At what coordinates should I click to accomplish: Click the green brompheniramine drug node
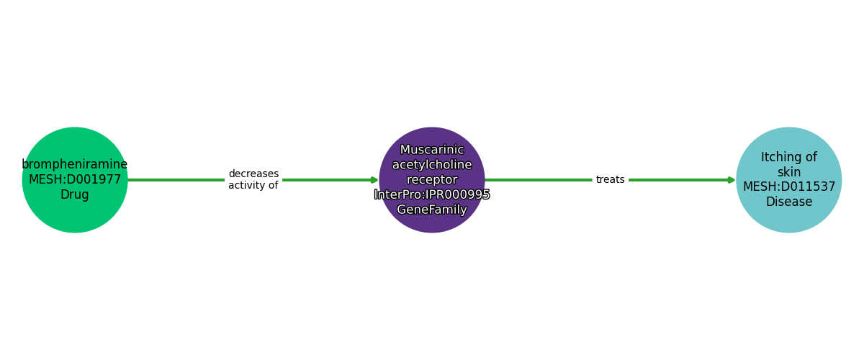[x=75, y=180]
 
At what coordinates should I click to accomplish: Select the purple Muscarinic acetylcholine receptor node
[x=432, y=180]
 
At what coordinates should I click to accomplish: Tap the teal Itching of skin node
[x=789, y=180]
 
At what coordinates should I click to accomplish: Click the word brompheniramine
[x=75, y=164]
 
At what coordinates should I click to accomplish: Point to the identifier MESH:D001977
[x=75, y=179]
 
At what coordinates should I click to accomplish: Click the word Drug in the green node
[x=75, y=194]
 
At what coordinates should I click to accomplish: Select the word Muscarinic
[x=432, y=150]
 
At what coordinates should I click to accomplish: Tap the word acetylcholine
[x=432, y=165]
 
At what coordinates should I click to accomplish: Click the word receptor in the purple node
[x=432, y=180]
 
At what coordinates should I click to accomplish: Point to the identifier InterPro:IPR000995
[x=432, y=194]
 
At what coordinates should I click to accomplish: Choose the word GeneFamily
[x=432, y=210]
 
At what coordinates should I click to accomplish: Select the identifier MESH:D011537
[x=789, y=186]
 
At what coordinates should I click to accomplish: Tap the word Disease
[x=789, y=202]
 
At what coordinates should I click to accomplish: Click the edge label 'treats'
[x=611, y=179]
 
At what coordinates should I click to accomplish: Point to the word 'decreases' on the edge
[x=253, y=174]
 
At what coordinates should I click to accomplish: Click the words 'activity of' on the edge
[x=253, y=185]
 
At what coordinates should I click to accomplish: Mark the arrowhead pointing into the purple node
[x=374, y=180]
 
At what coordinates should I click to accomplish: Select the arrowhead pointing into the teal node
[x=732, y=180]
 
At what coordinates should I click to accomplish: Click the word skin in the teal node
[x=789, y=172]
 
